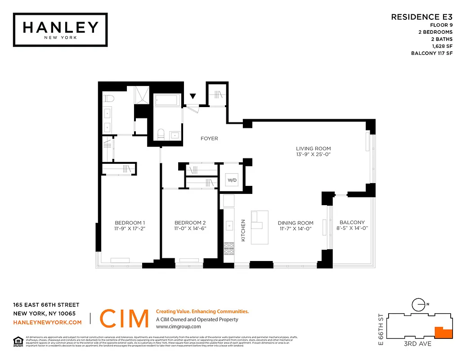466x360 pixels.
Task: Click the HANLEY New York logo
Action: [x=60, y=29]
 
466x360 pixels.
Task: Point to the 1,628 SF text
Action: [x=443, y=46]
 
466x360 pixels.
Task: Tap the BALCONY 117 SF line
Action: [x=432, y=53]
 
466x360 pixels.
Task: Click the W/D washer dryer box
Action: [x=232, y=180]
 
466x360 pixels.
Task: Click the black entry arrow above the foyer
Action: [x=193, y=96]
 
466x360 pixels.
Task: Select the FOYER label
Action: [x=209, y=139]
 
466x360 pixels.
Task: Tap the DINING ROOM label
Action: [x=295, y=223]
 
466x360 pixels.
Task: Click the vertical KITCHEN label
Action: [x=243, y=230]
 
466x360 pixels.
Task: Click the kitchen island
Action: [x=259, y=227]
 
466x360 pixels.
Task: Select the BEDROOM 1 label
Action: [x=130, y=223]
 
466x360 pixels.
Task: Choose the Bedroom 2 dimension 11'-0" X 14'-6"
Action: [x=190, y=229]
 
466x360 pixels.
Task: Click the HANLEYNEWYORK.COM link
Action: [x=47, y=322]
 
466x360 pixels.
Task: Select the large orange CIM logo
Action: [x=124, y=319]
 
